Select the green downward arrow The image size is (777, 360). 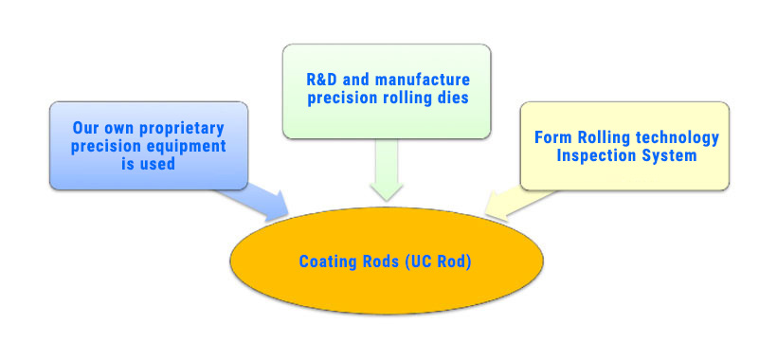[387, 170]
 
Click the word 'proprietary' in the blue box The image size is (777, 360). [182, 128]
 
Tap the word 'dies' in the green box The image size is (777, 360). [454, 98]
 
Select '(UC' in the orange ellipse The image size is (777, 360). [418, 261]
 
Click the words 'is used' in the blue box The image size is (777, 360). [148, 163]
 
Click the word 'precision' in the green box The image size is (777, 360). [342, 98]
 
